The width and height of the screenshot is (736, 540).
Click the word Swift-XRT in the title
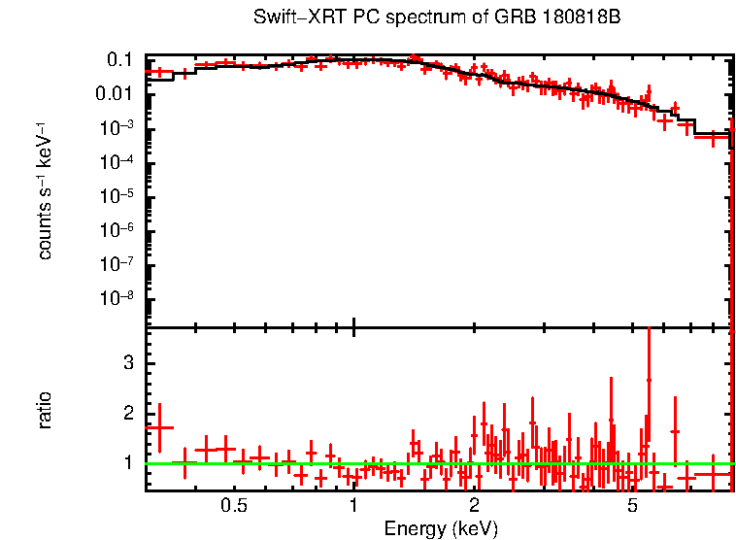(288, 17)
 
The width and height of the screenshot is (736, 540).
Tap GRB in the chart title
(495, 17)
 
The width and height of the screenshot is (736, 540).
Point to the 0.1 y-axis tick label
(119, 60)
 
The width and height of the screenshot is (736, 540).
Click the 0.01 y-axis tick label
(115, 94)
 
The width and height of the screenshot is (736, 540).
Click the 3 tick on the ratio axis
(125, 362)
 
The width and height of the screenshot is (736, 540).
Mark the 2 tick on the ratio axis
(125, 413)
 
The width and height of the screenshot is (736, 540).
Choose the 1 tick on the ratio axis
(125, 463)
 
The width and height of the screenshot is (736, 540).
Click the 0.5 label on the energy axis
(233, 505)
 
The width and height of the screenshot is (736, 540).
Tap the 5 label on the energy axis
(631, 505)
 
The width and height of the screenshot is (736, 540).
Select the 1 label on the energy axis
(353, 505)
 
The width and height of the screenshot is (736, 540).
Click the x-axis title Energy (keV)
(441, 528)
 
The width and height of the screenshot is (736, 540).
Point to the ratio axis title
(45, 410)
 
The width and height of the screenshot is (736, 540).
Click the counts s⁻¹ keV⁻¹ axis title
(45, 191)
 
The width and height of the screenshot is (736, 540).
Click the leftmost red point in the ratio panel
(159, 427)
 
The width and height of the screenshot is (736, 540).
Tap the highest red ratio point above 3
(649, 380)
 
